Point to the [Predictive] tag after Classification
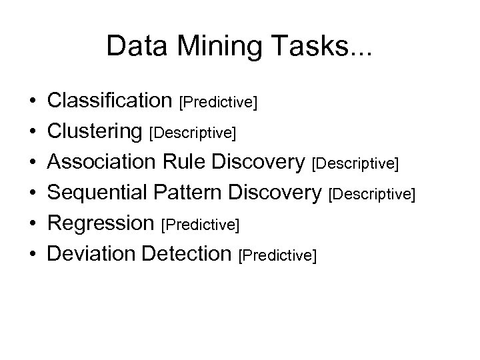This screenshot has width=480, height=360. pos(219,103)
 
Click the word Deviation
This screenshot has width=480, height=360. pos(91,254)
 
